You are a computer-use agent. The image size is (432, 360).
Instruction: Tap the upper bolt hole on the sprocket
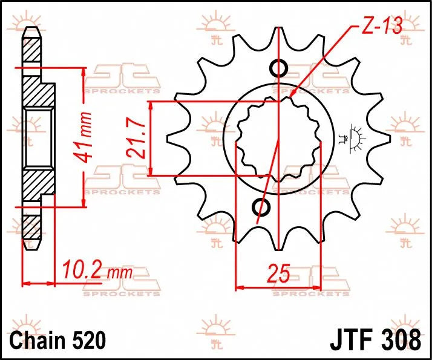279,68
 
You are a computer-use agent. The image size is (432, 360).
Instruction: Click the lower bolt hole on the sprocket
262,207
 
